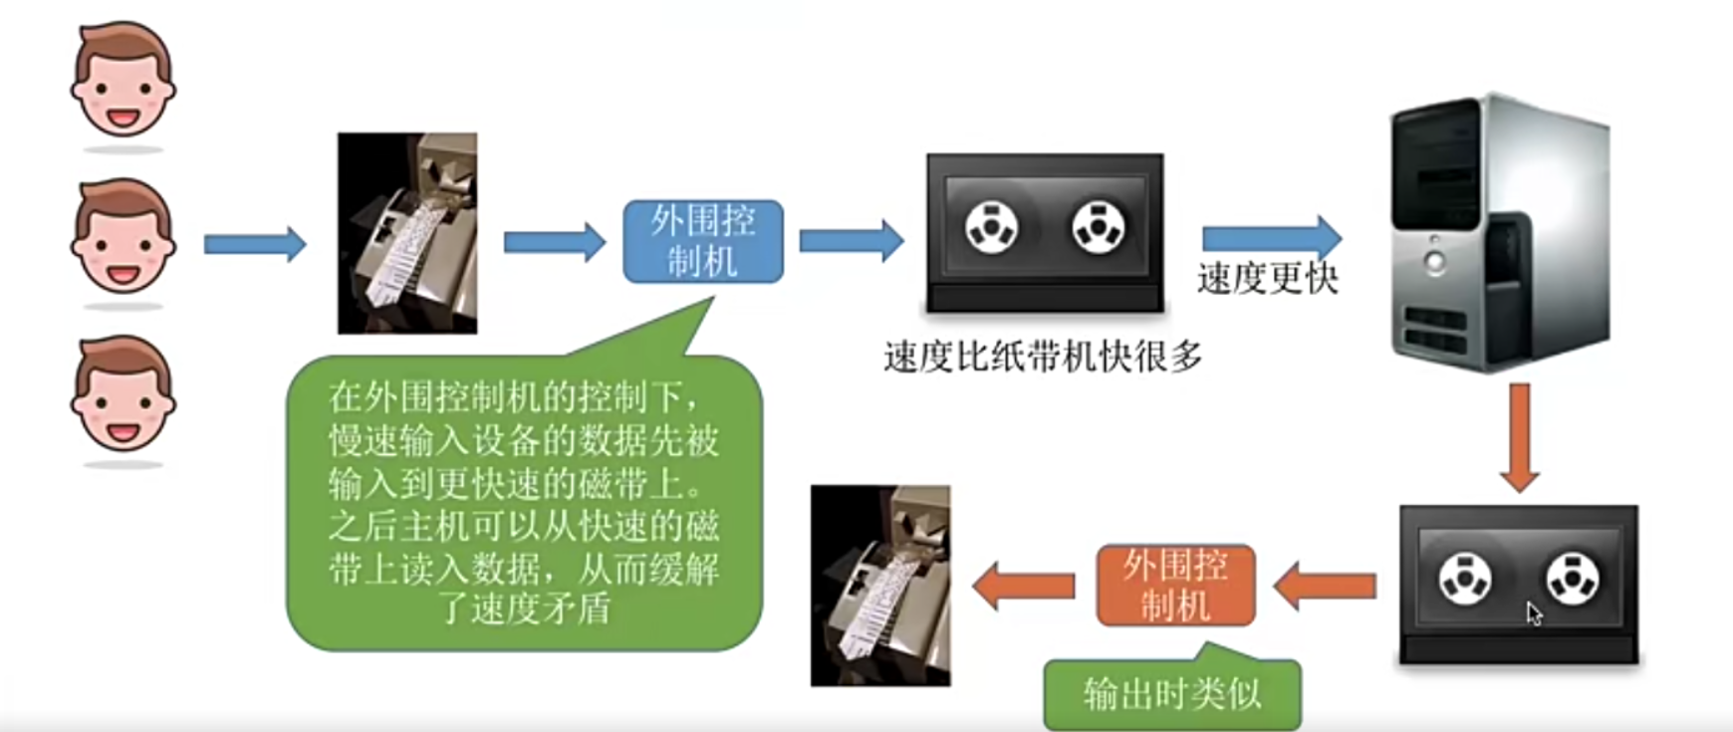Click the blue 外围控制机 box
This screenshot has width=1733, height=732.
703,242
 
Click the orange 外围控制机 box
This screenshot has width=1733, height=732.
1175,586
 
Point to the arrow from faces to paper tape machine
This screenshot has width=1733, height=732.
255,244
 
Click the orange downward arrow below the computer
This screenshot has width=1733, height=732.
1519,437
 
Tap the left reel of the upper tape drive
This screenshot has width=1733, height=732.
991,227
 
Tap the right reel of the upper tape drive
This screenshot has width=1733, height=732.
1099,227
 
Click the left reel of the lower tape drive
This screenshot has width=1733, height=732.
1465,579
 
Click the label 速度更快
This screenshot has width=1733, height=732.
1267,279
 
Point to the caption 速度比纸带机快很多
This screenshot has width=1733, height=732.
1043,357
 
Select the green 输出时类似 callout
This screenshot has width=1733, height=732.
1172,693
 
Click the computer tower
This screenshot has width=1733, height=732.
1499,234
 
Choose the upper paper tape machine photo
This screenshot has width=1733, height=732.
407,233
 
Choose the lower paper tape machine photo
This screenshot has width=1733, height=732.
880,586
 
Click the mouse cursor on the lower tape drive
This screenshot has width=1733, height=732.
1533,612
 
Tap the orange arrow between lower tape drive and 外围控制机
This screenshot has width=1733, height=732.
1325,586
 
